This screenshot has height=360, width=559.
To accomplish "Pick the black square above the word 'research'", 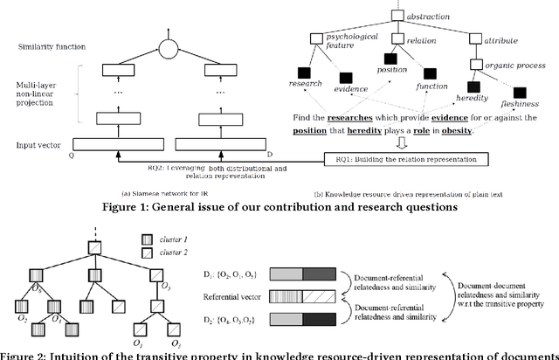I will pos(305,72).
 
